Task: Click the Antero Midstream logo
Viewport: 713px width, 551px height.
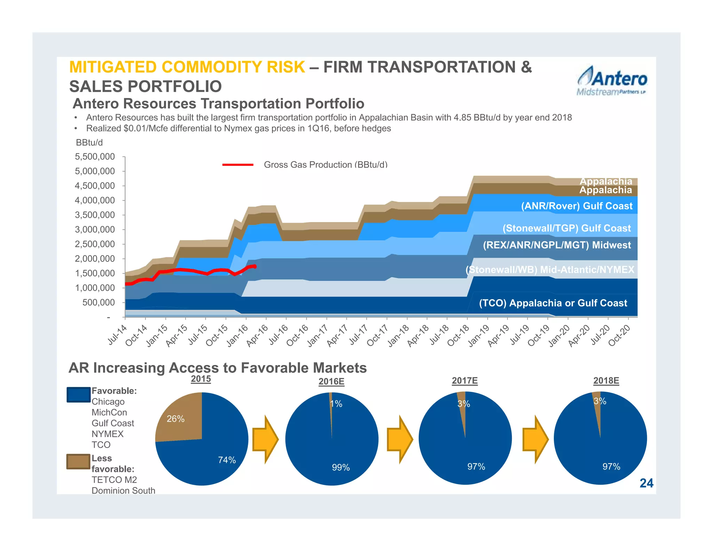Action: [612, 81]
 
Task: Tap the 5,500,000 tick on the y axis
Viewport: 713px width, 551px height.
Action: [95, 157]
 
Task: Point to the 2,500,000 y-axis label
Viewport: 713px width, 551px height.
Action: [95, 244]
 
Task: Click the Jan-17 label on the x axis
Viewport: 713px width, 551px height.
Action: [317, 335]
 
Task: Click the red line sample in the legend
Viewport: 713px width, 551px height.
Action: [238, 165]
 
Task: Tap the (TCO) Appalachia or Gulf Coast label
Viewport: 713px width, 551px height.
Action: [553, 303]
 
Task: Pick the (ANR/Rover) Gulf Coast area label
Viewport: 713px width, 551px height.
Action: [577, 206]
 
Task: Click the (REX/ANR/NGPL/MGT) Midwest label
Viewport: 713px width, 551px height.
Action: [557, 245]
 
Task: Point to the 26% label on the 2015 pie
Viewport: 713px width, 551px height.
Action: [175, 419]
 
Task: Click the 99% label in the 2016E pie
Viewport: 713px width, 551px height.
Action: [340, 467]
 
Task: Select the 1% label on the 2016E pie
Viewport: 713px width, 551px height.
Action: [336, 404]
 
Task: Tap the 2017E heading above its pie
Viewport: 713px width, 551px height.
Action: [464, 381]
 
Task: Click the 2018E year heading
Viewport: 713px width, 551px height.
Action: [606, 381]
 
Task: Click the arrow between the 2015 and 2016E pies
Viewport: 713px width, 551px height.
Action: [265, 439]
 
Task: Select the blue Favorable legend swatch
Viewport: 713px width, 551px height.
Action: [79, 395]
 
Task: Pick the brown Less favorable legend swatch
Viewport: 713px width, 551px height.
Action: [78, 461]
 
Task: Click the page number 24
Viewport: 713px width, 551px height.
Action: [646, 483]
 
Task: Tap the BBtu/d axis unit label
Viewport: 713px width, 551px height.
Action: [89, 142]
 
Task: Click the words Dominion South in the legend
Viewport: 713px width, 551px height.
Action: [123, 490]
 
